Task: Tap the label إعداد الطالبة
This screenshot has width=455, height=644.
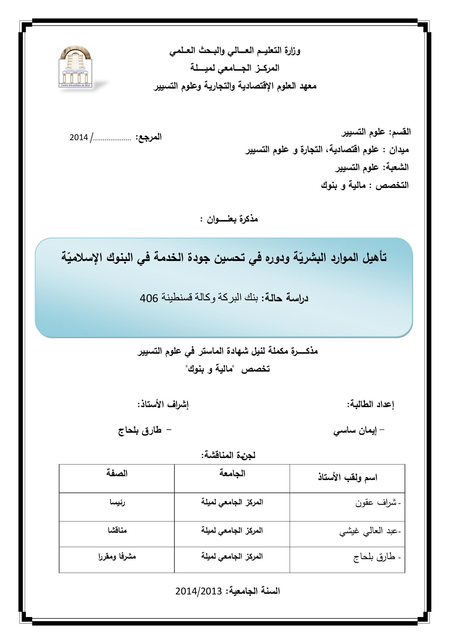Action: coord(370,404)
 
